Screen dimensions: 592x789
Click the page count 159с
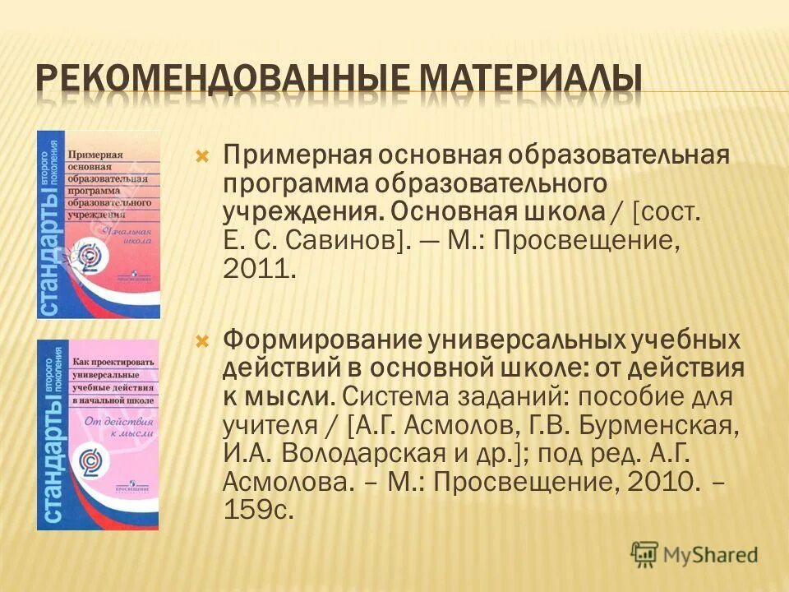[x=258, y=510]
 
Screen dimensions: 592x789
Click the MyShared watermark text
[x=711, y=553]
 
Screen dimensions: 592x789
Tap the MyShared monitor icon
[x=646, y=553]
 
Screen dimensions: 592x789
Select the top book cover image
[x=99, y=224]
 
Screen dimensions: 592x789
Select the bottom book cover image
[x=99, y=434]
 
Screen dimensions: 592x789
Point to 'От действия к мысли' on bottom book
[x=115, y=431]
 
